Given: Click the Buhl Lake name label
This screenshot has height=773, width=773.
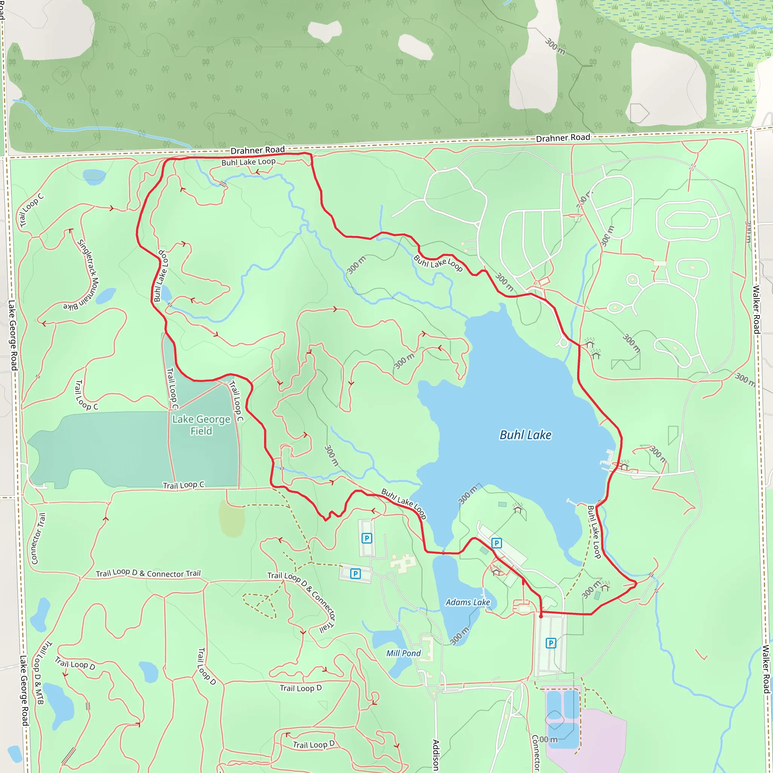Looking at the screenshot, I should (x=525, y=435).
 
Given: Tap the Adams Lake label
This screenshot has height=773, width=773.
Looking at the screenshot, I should (x=468, y=602).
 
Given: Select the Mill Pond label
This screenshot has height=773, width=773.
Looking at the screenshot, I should (x=403, y=653).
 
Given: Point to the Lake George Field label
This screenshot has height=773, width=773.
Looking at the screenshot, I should (x=201, y=425).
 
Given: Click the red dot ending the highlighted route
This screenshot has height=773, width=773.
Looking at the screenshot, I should (x=541, y=617).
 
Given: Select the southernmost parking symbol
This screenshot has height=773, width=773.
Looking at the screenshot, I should (x=551, y=643).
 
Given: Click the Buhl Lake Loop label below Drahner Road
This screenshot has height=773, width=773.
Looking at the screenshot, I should (x=248, y=162).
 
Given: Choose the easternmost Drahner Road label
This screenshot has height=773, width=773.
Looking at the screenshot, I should (x=563, y=138).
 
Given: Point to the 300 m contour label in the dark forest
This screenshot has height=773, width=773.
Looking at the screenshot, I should (x=555, y=46).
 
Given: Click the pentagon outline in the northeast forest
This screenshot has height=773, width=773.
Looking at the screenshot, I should (x=639, y=113).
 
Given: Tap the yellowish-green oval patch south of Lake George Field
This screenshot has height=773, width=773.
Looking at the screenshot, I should (x=232, y=518).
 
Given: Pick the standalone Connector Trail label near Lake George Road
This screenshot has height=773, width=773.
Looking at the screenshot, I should (x=38, y=539).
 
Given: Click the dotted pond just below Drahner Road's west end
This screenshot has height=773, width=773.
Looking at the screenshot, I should (x=94, y=175).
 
